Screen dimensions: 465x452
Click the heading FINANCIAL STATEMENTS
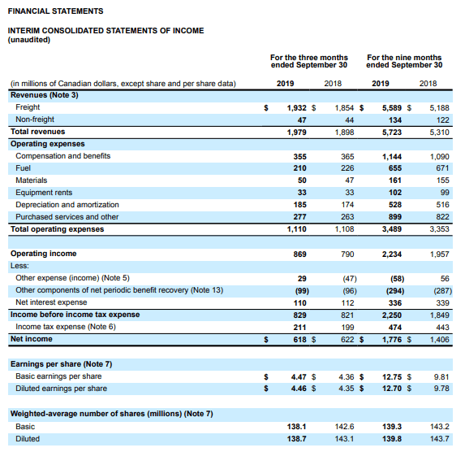point(55,11)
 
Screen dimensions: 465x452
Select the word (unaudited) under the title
point(29,40)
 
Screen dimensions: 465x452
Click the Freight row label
point(28,107)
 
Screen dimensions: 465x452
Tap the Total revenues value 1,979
point(296,133)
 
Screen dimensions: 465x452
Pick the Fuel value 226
point(347,168)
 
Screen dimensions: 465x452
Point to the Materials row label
point(32,180)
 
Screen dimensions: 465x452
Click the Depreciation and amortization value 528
point(395,205)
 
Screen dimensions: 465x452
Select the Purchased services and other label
point(67,217)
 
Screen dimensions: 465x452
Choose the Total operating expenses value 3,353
point(440,229)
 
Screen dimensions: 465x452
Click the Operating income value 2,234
point(392,254)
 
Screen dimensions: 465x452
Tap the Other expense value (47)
point(350,279)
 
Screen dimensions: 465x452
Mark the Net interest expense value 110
point(299,302)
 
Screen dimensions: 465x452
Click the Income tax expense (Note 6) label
point(66,327)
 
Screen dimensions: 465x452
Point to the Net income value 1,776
point(392,339)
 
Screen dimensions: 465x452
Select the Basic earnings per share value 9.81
point(441,377)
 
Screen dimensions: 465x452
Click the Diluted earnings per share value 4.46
point(299,389)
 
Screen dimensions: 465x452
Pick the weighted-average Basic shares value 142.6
point(344,427)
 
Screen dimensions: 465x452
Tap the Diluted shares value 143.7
point(440,439)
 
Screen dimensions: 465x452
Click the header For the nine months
point(404,58)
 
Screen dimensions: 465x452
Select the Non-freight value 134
point(395,120)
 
